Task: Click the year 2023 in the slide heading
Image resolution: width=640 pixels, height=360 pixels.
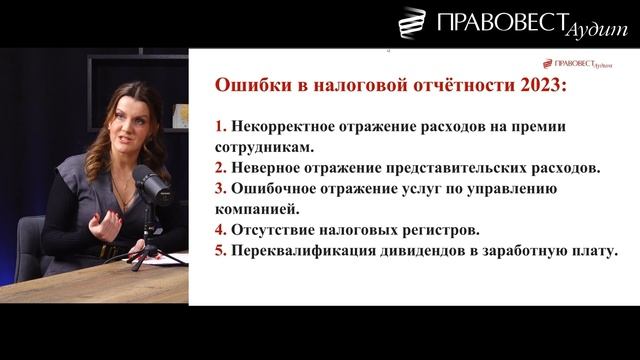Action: click(541, 87)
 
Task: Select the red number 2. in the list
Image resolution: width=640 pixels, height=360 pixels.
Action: click(221, 167)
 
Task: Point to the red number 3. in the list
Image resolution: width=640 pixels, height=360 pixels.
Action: click(221, 188)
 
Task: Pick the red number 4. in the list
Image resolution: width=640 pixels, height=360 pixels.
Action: click(221, 230)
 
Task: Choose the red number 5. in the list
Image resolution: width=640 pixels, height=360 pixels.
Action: click(221, 251)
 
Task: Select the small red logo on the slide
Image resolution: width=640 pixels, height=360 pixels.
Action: click(578, 63)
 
